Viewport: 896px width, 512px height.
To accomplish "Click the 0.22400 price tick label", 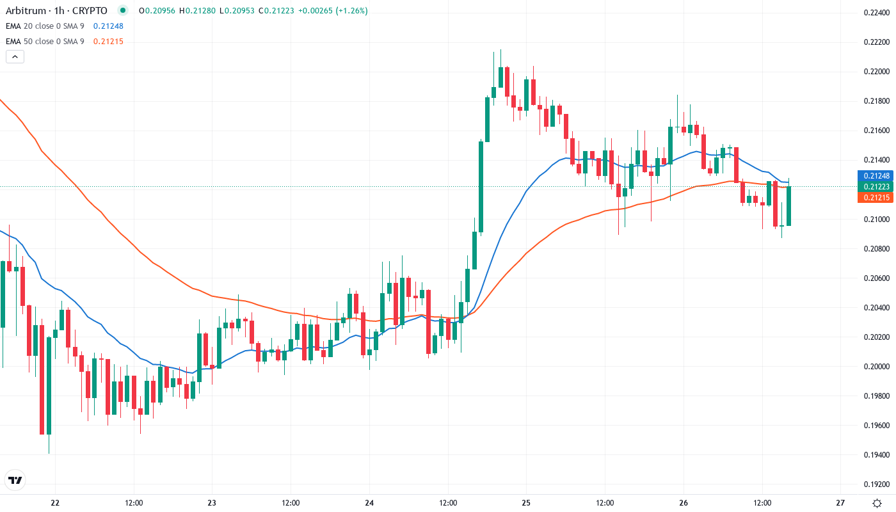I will coord(876,12).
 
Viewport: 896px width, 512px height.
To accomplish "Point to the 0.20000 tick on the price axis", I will coord(876,367).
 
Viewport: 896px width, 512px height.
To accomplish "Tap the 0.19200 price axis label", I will coord(876,484).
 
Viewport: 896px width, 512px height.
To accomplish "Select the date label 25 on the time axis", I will coord(526,502).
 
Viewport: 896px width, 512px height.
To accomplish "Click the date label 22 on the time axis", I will coord(55,502).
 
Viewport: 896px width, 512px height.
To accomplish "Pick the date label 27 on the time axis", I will coord(840,502).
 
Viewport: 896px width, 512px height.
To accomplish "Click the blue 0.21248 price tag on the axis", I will coord(875,175).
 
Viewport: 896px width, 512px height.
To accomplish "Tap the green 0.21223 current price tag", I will coord(875,186).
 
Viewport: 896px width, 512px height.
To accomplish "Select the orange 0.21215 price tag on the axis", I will coord(875,197).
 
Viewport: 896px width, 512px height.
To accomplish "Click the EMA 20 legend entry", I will coord(45,26).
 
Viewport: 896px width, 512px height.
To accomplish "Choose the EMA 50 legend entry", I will coord(45,42).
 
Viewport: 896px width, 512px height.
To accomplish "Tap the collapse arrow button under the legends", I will coord(15,56).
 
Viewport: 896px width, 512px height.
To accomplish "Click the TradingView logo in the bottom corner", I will coord(15,480).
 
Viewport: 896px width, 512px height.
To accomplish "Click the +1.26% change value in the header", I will coord(348,10).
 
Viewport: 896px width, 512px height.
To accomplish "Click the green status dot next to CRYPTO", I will coord(123,10).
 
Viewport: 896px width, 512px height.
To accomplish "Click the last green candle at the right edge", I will coord(789,205).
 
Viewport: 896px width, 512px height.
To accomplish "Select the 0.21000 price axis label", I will coord(876,220).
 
